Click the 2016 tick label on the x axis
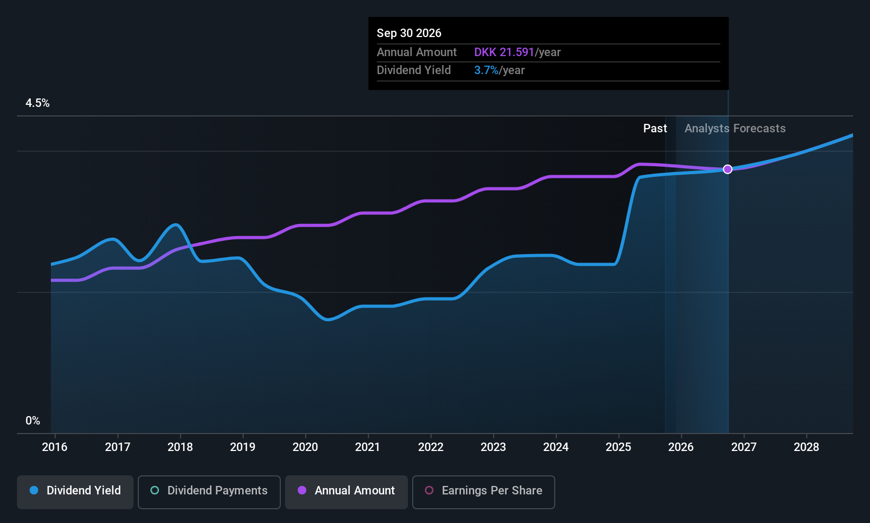coord(55,447)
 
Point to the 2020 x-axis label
coord(305,447)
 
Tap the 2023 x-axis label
coord(493,447)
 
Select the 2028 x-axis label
coord(806,447)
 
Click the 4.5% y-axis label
coord(38,103)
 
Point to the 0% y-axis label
coord(33,421)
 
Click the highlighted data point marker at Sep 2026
coord(727,169)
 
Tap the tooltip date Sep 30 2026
coord(409,33)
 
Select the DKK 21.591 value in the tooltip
coord(504,52)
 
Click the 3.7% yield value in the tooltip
coord(486,70)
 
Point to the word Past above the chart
coord(655,129)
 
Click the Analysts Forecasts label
coord(735,129)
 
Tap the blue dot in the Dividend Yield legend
coord(34,491)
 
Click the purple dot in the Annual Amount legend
coord(302,491)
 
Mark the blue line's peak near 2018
coord(175,225)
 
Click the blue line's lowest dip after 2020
coord(328,320)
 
